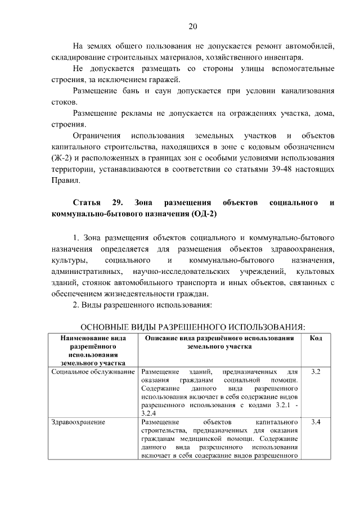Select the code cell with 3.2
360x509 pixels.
pos(316,372)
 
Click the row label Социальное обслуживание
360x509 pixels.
pos(93,372)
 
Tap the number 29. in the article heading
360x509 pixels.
pos(117,202)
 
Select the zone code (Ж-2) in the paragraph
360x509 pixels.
pos(61,157)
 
